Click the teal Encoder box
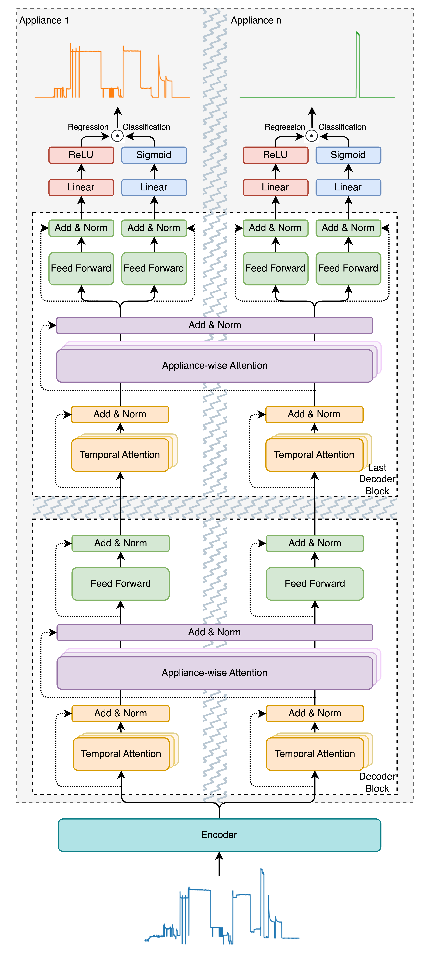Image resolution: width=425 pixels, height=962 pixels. (x=219, y=835)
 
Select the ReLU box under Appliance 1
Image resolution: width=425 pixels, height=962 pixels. (x=81, y=155)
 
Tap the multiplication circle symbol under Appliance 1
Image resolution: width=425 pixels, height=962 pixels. (x=118, y=136)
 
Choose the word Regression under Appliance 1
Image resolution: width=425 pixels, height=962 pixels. (x=88, y=127)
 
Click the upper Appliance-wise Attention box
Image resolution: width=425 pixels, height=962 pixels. (x=215, y=366)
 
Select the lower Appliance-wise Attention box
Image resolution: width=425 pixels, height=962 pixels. (x=215, y=673)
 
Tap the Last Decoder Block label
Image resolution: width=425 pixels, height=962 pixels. (x=377, y=479)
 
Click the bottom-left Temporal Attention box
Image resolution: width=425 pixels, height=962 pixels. (x=121, y=754)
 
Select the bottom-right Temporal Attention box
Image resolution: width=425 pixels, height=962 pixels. (x=315, y=754)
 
